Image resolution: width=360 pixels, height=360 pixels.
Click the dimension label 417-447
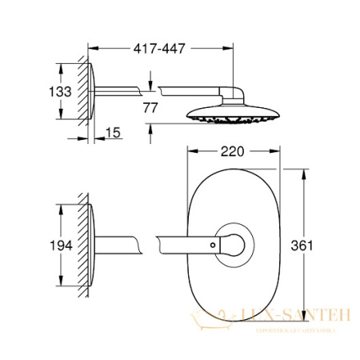[x=159, y=49]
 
